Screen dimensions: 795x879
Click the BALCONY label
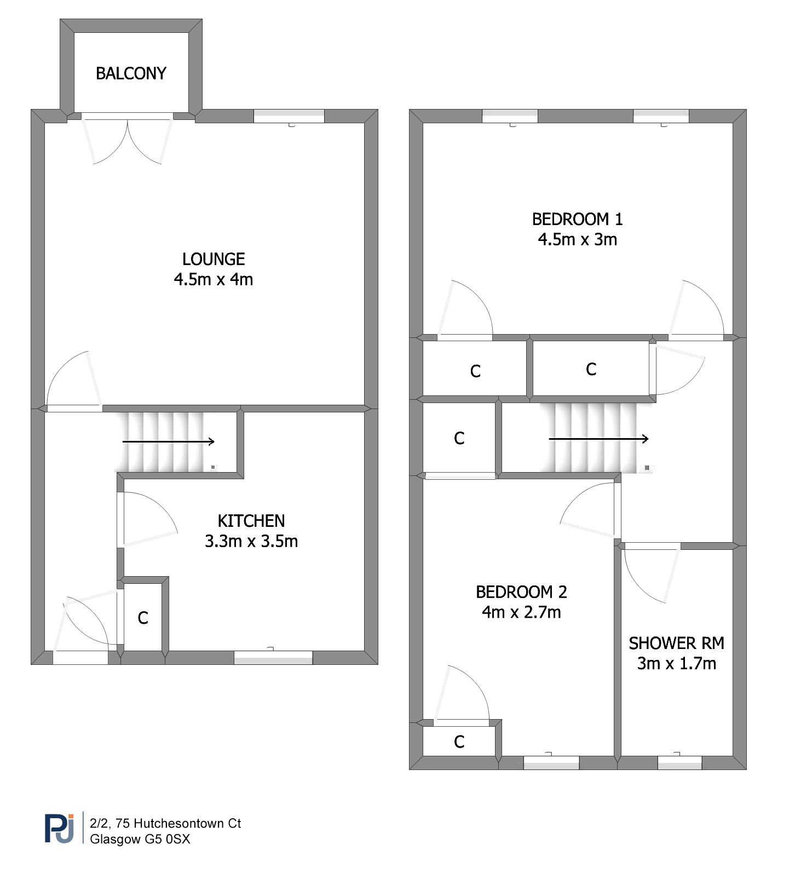coord(131,73)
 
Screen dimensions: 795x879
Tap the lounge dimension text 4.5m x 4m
coord(214,279)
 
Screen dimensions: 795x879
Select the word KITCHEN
coord(251,521)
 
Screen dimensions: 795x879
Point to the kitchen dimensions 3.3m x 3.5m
coord(251,541)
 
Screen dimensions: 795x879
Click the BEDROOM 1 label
coord(578,219)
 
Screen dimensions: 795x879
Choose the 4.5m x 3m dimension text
coord(578,239)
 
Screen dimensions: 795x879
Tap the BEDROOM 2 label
coord(521,592)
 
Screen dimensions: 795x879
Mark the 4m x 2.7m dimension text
coord(521,612)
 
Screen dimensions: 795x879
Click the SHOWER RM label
coord(677,643)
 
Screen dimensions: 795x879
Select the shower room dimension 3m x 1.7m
coord(677,663)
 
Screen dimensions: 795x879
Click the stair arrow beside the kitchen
coord(168,441)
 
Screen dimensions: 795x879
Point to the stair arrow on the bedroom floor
coord(599,439)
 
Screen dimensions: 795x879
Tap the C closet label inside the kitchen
coord(143,618)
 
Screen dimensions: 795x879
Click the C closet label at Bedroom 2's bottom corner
coord(459,742)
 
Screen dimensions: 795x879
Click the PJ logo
coord(59,828)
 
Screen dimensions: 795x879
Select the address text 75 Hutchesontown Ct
coord(178,823)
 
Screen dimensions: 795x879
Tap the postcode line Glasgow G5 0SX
coord(140,839)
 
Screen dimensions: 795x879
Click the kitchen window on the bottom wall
coord(273,657)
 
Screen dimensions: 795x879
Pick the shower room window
coord(679,762)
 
